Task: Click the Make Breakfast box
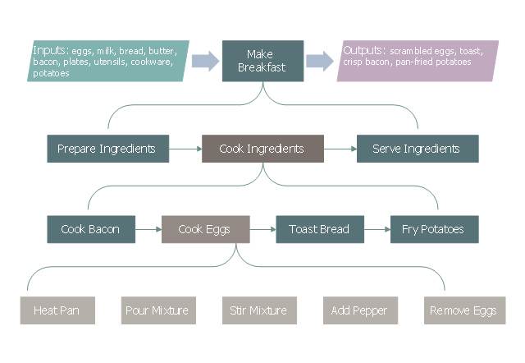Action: pyautogui.click(x=262, y=61)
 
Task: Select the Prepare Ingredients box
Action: pyautogui.click(x=107, y=149)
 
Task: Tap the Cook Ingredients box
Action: pyautogui.click(x=262, y=149)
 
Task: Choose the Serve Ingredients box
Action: pyautogui.click(x=417, y=149)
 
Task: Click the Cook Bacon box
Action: pyautogui.click(x=90, y=229)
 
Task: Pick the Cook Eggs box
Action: pyautogui.click(x=204, y=229)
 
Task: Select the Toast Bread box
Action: pyautogui.click(x=319, y=229)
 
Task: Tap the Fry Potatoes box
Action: pyautogui.click(x=432, y=229)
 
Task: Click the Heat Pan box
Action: pyautogui.click(x=57, y=310)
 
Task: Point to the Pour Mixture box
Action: pyautogui.click(x=157, y=310)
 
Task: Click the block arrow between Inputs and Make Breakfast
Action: pyautogui.click(x=204, y=61)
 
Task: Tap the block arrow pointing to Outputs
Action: pyautogui.click(x=319, y=61)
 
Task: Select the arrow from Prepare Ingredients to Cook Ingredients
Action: pyautogui.click(x=185, y=149)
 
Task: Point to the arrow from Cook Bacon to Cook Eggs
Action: pyautogui.click(x=148, y=229)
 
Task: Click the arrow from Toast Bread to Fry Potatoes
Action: pyautogui.click(x=376, y=229)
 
